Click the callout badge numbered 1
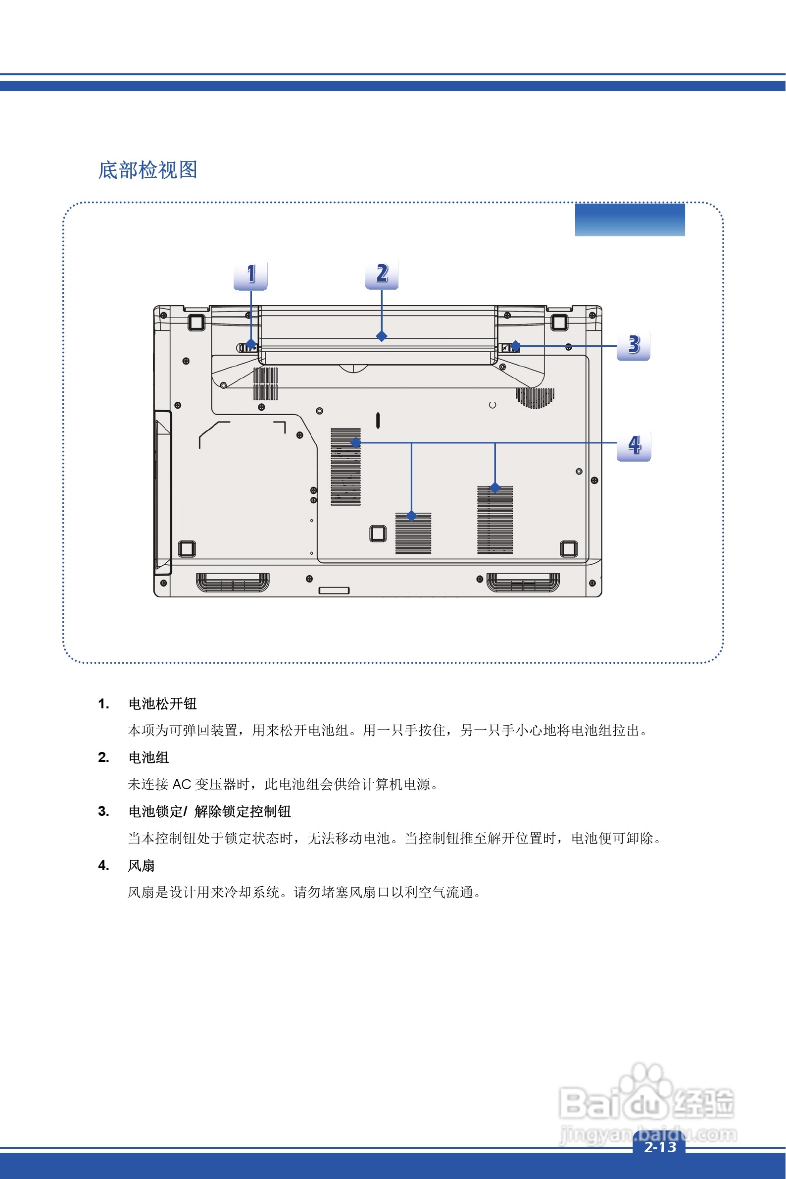pyautogui.click(x=250, y=274)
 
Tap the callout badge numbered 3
pyautogui.click(x=633, y=345)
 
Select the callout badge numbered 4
pyautogui.click(x=634, y=445)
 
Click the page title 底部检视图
pyautogui.click(x=147, y=170)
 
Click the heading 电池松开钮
pyautogui.click(x=162, y=704)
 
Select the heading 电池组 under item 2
pyautogui.click(x=148, y=757)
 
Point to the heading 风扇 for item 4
pyautogui.click(x=142, y=865)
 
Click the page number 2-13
pyautogui.click(x=660, y=1147)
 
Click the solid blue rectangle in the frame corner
pyautogui.click(x=630, y=220)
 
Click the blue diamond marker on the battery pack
pyautogui.click(x=382, y=336)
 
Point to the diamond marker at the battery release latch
pyautogui.click(x=250, y=345)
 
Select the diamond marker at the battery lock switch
pyautogui.click(x=515, y=346)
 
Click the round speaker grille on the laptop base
pyautogui.click(x=535, y=397)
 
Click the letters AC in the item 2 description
pyautogui.click(x=182, y=785)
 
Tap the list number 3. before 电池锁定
pyautogui.click(x=103, y=811)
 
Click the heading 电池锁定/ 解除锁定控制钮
pyautogui.click(x=209, y=811)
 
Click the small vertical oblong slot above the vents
pyautogui.click(x=378, y=420)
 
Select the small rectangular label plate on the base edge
pyautogui.click(x=334, y=590)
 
